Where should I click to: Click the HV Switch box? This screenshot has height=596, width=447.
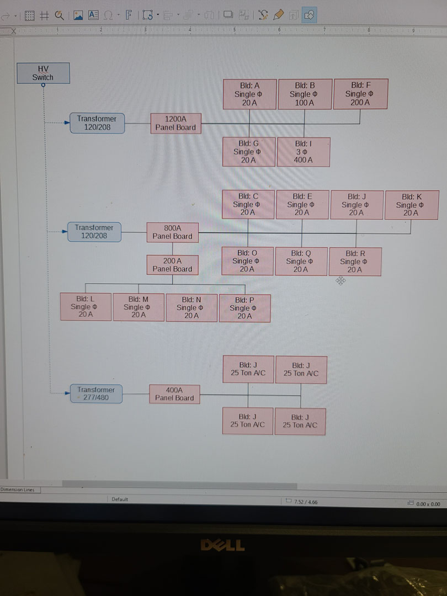click(x=43, y=73)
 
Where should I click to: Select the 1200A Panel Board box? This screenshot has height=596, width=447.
click(x=175, y=123)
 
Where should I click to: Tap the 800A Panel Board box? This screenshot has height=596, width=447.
click(x=172, y=232)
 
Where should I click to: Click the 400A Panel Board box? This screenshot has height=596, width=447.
click(x=174, y=393)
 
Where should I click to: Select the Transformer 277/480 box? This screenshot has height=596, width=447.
click(x=96, y=394)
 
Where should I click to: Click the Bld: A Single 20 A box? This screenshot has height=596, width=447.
click(x=249, y=94)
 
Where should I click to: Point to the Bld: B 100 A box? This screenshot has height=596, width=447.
click(x=305, y=94)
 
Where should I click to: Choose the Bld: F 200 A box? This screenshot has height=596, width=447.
click(x=360, y=94)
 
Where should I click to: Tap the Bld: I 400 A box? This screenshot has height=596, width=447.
click(x=304, y=152)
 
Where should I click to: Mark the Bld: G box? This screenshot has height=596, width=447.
click(x=248, y=152)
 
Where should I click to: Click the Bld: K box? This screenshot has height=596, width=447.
click(x=411, y=205)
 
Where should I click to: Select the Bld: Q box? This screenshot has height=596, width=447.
click(x=300, y=262)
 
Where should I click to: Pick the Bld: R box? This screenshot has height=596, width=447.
click(x=354, y=262)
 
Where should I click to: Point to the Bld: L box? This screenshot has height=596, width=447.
click(x=86, y=307)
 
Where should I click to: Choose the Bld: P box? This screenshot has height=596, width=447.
click(x=244, y=308)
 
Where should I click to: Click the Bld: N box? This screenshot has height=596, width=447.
click(x=191, y=307)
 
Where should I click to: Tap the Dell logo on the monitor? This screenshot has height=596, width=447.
click(x=222, y=546)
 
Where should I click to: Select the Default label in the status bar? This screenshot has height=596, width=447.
click(x=120, y=499)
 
